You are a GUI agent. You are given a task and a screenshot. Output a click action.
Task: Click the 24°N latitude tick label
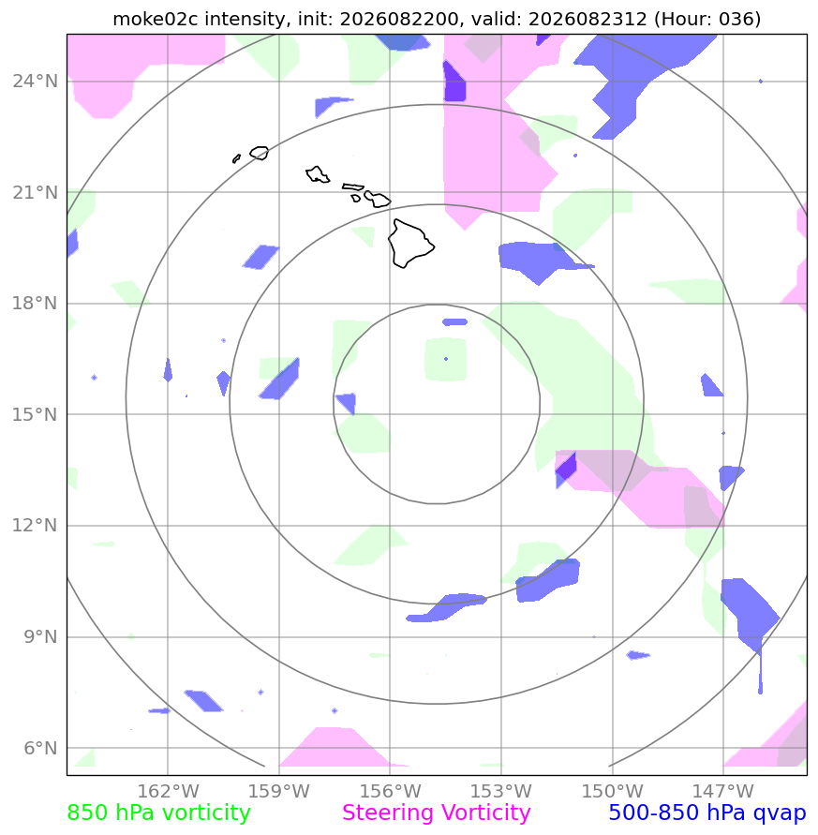coord(36,82)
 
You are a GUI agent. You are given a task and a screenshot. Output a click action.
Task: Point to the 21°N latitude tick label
coord(36,193)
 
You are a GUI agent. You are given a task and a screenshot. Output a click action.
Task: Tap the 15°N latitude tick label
coord(36,415)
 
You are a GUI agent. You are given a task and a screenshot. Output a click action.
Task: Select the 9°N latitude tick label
coord(40,637)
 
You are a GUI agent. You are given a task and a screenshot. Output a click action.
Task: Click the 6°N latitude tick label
coord(40,748)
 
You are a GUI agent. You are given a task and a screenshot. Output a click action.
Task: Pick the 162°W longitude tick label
coord(168,791)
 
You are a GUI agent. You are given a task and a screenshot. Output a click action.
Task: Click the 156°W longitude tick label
coord(390,791)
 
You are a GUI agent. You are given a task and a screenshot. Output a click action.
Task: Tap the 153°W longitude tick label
coord(500,791)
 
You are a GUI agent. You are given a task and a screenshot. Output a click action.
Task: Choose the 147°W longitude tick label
coord(722,791)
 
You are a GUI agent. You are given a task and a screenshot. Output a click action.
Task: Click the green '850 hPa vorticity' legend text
coord(158,813)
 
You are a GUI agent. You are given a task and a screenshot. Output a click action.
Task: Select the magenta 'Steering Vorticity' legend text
coord(436,813)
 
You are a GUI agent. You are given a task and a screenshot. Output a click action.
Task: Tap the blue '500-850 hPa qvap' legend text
coord(707,813)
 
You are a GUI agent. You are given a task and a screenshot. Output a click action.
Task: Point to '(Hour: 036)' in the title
coord(707,19)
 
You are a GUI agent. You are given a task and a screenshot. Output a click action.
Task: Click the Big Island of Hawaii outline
coord(411,244)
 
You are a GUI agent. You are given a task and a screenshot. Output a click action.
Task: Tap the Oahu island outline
coord(318,174)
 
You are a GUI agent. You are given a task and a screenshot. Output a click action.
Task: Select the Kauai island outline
coord(260,153)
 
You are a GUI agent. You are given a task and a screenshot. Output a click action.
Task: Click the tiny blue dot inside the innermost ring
coord(446,359)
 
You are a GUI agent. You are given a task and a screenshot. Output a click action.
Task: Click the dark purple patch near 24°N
coord(454,82)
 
